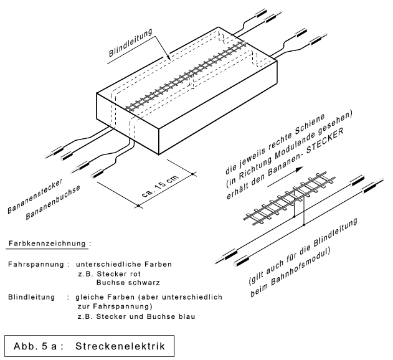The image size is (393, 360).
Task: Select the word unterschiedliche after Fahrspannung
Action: (115, 264)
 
